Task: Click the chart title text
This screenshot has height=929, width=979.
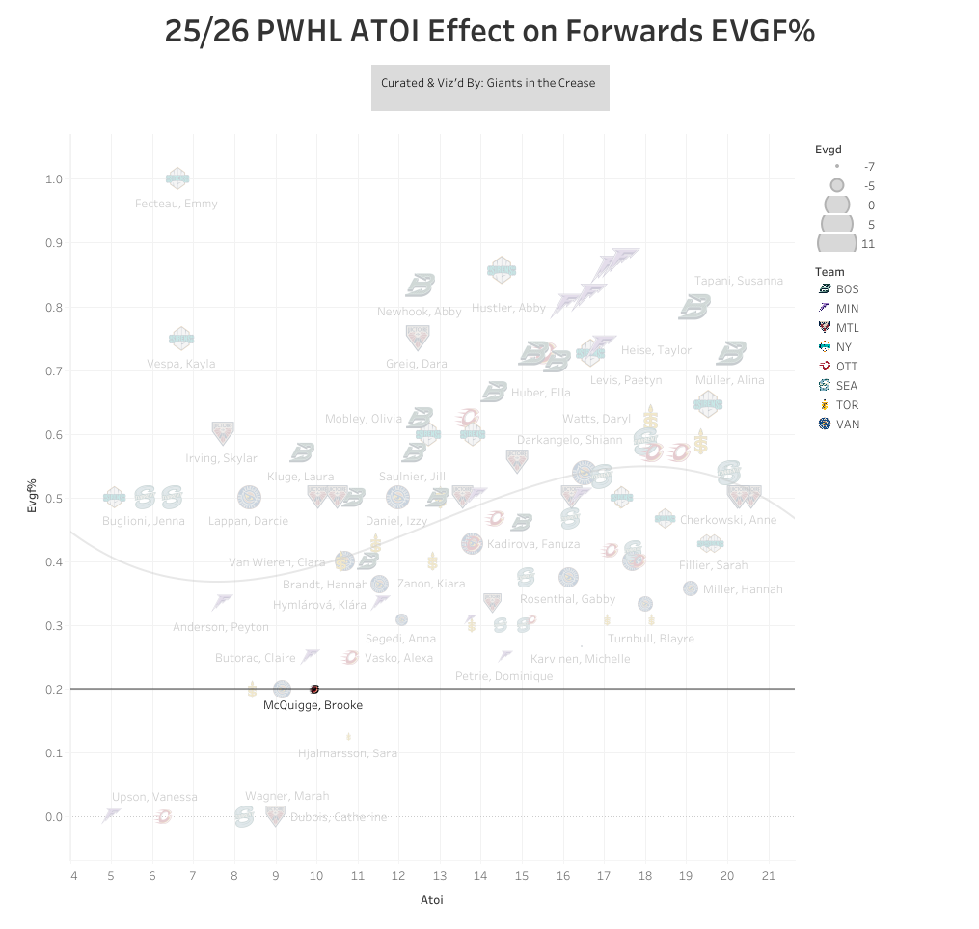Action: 489,33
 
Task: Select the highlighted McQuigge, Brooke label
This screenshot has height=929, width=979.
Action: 313,705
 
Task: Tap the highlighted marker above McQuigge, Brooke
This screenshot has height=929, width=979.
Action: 314,689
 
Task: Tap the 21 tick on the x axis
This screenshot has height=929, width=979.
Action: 769,876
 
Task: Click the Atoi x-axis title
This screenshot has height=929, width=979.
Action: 431,901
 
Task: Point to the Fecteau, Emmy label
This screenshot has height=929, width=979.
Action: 177,204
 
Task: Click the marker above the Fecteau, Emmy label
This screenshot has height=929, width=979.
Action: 177,178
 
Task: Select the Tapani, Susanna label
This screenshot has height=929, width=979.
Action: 739,281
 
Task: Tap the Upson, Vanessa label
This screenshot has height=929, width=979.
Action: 154,797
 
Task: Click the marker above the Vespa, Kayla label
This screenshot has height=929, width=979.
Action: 181,339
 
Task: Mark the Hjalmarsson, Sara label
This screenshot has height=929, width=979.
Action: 347,753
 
